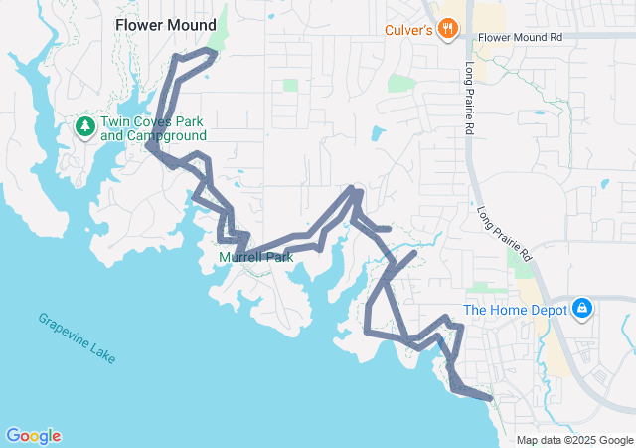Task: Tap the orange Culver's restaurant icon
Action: pyautogui.click(x=448, y=29)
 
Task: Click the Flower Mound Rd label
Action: pyautogui.click(x=520, y=37)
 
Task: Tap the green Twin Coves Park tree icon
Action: pyautogui.click(x=85, y=126)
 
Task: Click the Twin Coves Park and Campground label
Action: pyautogui.click(x=154, y=128)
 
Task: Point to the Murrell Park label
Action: pyautogui.click(x=256, y=258)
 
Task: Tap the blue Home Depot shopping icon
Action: pyautogui.click(x=582, y=309)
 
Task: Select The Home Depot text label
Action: pyautogui.click(x=515, y=310)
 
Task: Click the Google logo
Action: pyautogui.click(x=33, y=436)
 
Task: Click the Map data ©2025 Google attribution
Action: pyautogui.click(x=574, y=440)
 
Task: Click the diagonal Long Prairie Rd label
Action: pyautogui.click(x=505, y=234)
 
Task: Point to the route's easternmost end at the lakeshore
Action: pyautogui.click(x=490, y=398)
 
